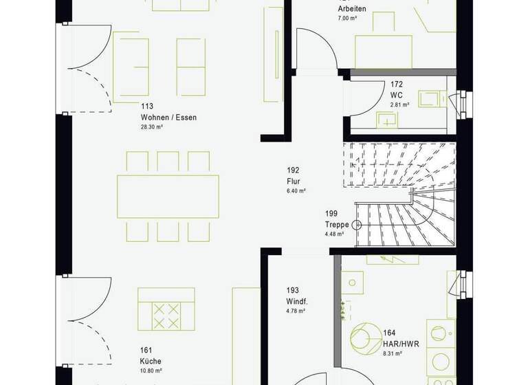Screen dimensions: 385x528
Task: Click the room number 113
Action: pyautogui.click(x=146, y=107)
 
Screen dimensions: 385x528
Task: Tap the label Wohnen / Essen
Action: pyautogui.click(x=168, y=118)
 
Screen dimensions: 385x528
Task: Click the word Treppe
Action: pyautogui.click(x=337, y=225)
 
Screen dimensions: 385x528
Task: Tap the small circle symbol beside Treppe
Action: pyautogui.click(x=356, y=225)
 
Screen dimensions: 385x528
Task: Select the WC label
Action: pyautogui.click(x=397, y=95)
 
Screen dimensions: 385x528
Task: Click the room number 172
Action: pyautogui.click(x=397, y=84)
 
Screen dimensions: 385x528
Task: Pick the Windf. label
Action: pyautogui.click(x=297, y=302)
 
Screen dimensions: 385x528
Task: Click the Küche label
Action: pyautogui.click(x=150, y=360)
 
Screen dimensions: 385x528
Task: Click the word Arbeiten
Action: pyautogui.click(x=352, y=8)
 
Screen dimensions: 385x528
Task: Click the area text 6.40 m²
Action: pyautogui.click(x=296, y=192)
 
